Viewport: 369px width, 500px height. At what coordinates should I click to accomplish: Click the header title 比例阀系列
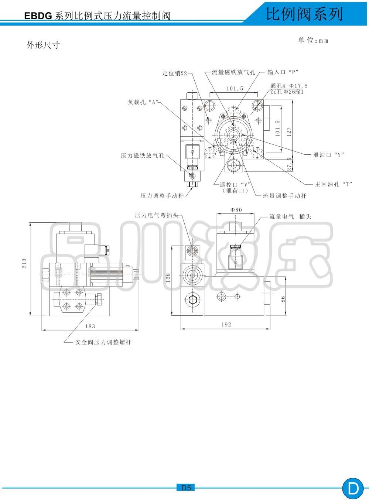click(304, 14)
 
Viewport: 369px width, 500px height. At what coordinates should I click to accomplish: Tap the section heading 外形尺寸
click(43, 45)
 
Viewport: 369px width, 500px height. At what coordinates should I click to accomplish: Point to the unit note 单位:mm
click(313, 41)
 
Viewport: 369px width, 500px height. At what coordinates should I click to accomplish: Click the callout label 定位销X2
click(175, 73)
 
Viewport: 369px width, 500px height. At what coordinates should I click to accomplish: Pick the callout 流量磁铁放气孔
click(233, 72)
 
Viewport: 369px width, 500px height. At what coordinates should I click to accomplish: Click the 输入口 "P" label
click(283, 72)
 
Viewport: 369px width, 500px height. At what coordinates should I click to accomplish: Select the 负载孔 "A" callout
click(143, 102)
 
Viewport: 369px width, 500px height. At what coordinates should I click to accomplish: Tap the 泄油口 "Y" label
click(328, 155)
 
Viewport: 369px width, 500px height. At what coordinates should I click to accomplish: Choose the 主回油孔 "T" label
click(333, 184)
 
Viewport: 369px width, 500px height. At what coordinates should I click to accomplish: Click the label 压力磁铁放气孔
click(142, 156)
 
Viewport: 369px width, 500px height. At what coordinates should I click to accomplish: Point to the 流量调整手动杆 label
click(284, 196)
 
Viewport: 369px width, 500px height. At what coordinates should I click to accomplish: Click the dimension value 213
click(24, 263)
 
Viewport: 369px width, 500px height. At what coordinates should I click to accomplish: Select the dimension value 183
click(90, 326)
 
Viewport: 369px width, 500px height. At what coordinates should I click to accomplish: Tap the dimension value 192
click(226, 325)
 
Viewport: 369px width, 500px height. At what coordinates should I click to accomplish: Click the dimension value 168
click(168, 278)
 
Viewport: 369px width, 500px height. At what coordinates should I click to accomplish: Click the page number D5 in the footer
click(186, 488)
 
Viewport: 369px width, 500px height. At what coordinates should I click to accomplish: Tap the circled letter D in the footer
click(353, 489)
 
